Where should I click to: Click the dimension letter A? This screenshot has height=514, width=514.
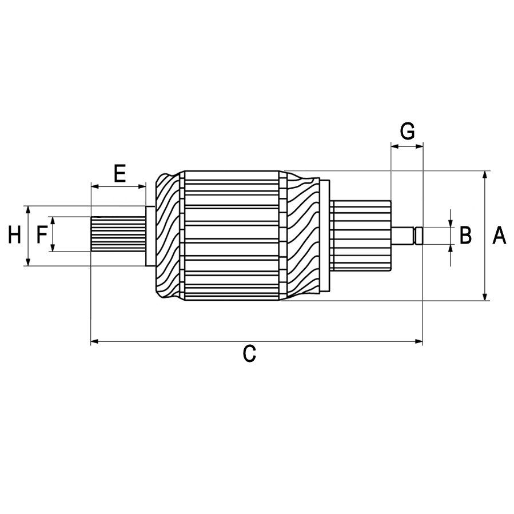[499, 235]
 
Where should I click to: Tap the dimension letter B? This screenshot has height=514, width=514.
[465, 235]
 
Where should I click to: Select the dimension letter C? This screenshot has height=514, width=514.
[249, 354]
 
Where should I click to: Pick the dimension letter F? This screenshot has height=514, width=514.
[42, 234]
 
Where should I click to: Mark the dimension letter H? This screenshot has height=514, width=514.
[14, 234]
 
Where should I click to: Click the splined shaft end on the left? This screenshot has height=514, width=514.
[117, 234]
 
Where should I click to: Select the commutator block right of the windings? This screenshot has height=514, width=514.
[360, 235]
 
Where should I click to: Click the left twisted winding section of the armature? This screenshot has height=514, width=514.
[167, 235]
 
